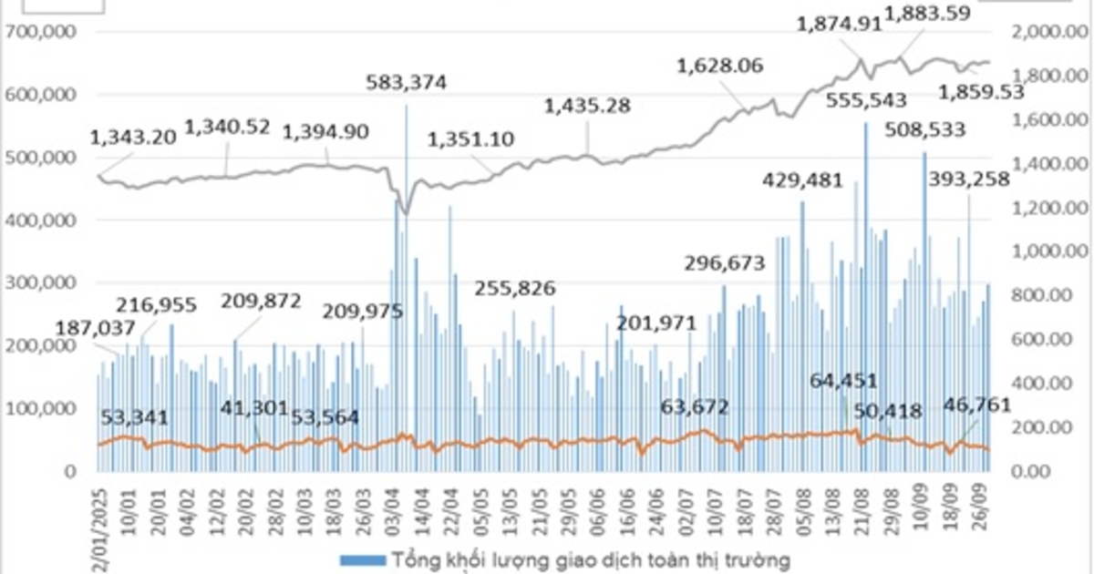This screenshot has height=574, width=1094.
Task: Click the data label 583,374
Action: coord(407,83)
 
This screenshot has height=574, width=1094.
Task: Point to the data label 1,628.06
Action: coord(720,66)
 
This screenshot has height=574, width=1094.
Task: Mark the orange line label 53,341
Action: coord(134,418)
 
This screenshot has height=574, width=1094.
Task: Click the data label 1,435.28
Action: coord(587,106)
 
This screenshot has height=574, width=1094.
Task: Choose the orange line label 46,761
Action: coord(976,405)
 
